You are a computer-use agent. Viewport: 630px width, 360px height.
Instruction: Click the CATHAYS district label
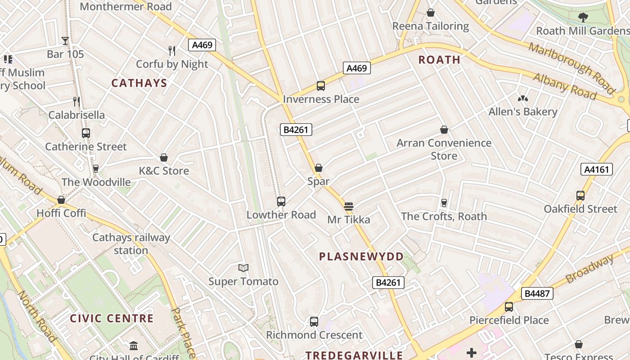click(x=139, y=83)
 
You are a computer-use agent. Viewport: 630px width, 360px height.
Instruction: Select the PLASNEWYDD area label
click(x=361, y=256)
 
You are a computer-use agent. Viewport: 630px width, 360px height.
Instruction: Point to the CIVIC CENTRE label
click(x=112, y=319)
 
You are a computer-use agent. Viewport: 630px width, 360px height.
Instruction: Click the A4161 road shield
click(x=597, y=169)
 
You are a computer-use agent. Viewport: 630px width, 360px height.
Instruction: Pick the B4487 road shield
click(x=537, y=293)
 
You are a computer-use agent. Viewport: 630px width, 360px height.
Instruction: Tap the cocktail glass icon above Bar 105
click(x=65, y=41)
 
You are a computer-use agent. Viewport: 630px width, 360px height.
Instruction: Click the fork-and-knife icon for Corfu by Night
click(x=172, y=50)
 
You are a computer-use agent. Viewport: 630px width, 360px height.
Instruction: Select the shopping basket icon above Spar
click(x=319, y=168)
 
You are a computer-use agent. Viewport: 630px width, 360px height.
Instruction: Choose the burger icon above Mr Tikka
click(x=348, y=207)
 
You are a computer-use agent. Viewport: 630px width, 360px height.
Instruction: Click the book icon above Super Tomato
click(x=243, y=268)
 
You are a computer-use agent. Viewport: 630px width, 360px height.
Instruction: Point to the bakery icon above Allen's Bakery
click(x=522, y=99)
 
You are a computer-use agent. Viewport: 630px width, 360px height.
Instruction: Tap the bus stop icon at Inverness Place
click(x=321, y=85)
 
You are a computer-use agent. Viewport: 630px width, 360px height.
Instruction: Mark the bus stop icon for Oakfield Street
click(x=580, y=196)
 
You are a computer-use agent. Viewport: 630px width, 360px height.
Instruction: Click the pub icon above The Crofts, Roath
click(x=444, y=203)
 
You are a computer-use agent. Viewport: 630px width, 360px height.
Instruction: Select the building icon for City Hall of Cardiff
click(x=134, y=346)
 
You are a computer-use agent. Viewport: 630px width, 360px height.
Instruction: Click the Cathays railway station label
click(x=131, y=243)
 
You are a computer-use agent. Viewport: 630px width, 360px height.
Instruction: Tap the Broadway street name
click(x=589, y=269)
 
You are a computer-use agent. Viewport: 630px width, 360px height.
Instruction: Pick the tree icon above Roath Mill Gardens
click(x=583, y=18)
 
